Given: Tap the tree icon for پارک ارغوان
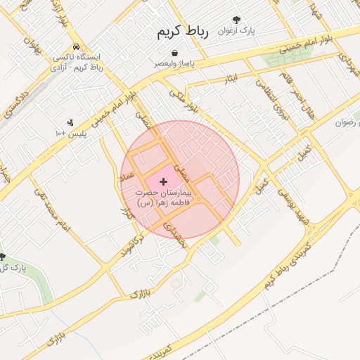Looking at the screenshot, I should [236, 20].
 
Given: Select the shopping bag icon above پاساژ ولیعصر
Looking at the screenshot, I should [174, 53].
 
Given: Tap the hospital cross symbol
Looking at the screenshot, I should [164, 181].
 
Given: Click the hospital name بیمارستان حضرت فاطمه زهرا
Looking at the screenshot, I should [163, 197].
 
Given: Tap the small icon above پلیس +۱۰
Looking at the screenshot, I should [70, 122].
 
